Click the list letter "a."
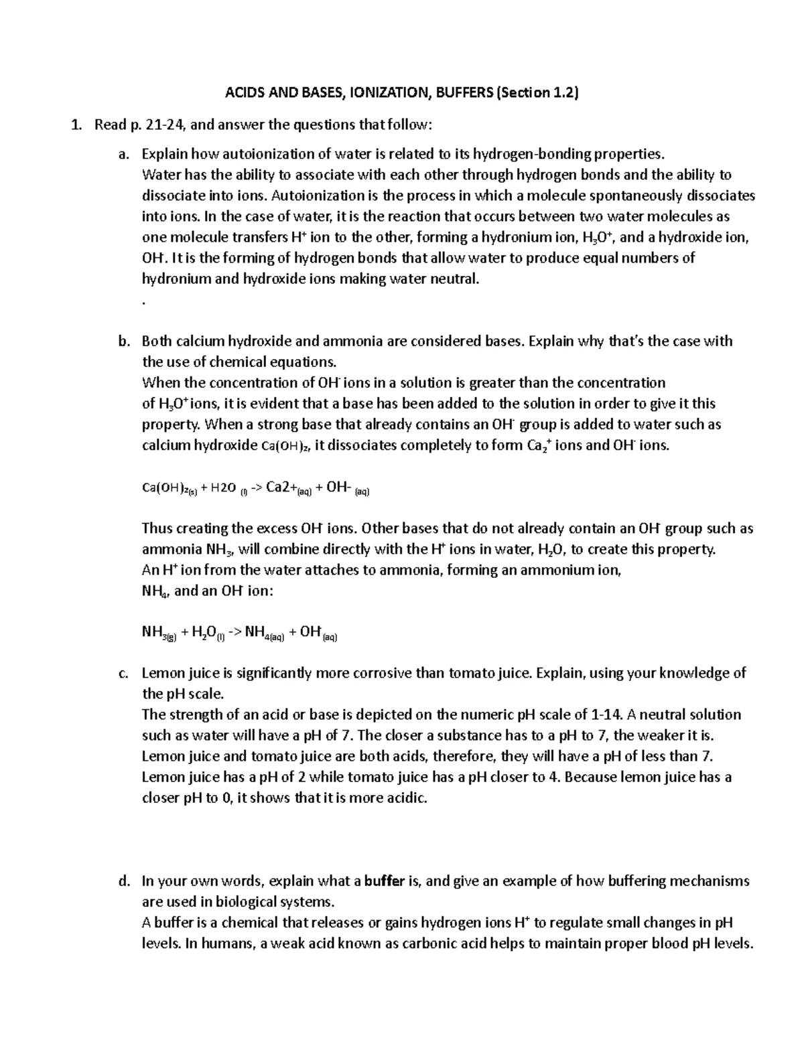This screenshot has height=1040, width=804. click(x=123, y=154)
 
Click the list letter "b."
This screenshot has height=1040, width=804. click(x=123, y=341)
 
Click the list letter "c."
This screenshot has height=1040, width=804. click(x=123, y=673)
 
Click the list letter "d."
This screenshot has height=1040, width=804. click(x=123, y=881)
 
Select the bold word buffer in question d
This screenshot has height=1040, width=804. click(x=384, y=881)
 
